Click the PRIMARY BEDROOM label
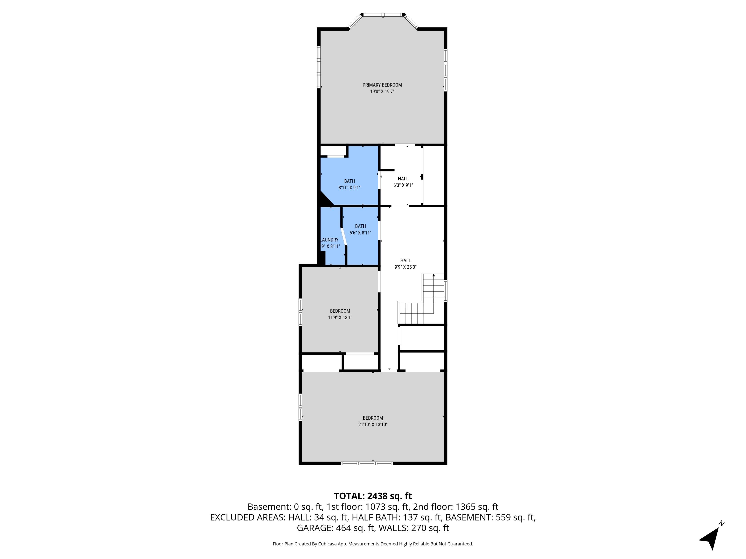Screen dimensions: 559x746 pyautogui.click(x=382, y=85)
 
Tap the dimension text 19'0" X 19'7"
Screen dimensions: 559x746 pyautogui.click(x=382, y=92)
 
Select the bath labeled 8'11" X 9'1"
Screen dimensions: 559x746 pyautogui.click(x=349, y=184)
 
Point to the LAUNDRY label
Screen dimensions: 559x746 pyautogui.click(x=329, y=240)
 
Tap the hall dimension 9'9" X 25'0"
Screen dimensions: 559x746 pyautogui.click(x=405, y=267)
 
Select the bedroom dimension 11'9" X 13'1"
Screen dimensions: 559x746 pyautogui.click(x=340, y=318)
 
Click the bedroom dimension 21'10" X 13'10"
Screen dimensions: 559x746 pyautogui.click(x=373, y=425)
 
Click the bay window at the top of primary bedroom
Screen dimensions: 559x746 pyautogui.click(x=383, y=15)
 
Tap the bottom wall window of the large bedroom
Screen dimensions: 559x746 pyautogui.click(x=367, y=463)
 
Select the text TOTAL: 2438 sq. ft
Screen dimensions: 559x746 pyautogui.click(x=373, y=496)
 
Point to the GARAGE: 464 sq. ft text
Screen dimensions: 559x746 pyautogui.click(x=335, y=528)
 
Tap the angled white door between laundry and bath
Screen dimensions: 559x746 pyautogui.click(x=344, y=237)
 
